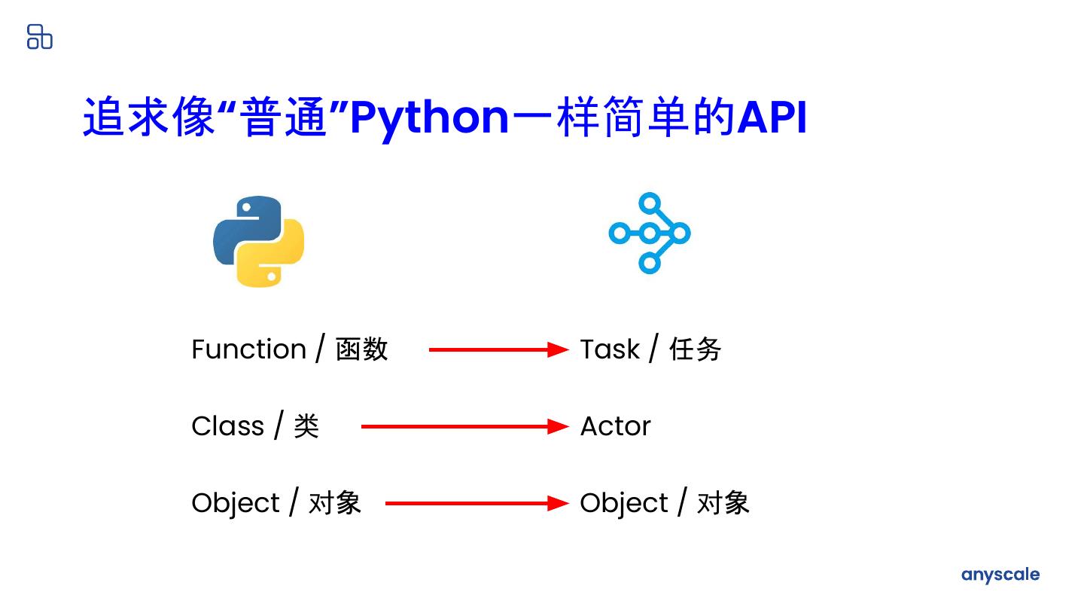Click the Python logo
point(258,241)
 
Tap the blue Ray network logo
point(649,233)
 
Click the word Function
point(248,349)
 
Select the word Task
point(610,349)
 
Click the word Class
point(227,426)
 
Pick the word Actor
point(615,426)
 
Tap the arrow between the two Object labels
point(477,503)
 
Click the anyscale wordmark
point(1000,575)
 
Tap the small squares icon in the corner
point(40,36)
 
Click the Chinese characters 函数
point(361,349)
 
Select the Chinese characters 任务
point(695,349)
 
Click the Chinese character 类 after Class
point(306,426)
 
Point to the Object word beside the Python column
point(236,503)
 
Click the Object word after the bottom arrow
point(624,503)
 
